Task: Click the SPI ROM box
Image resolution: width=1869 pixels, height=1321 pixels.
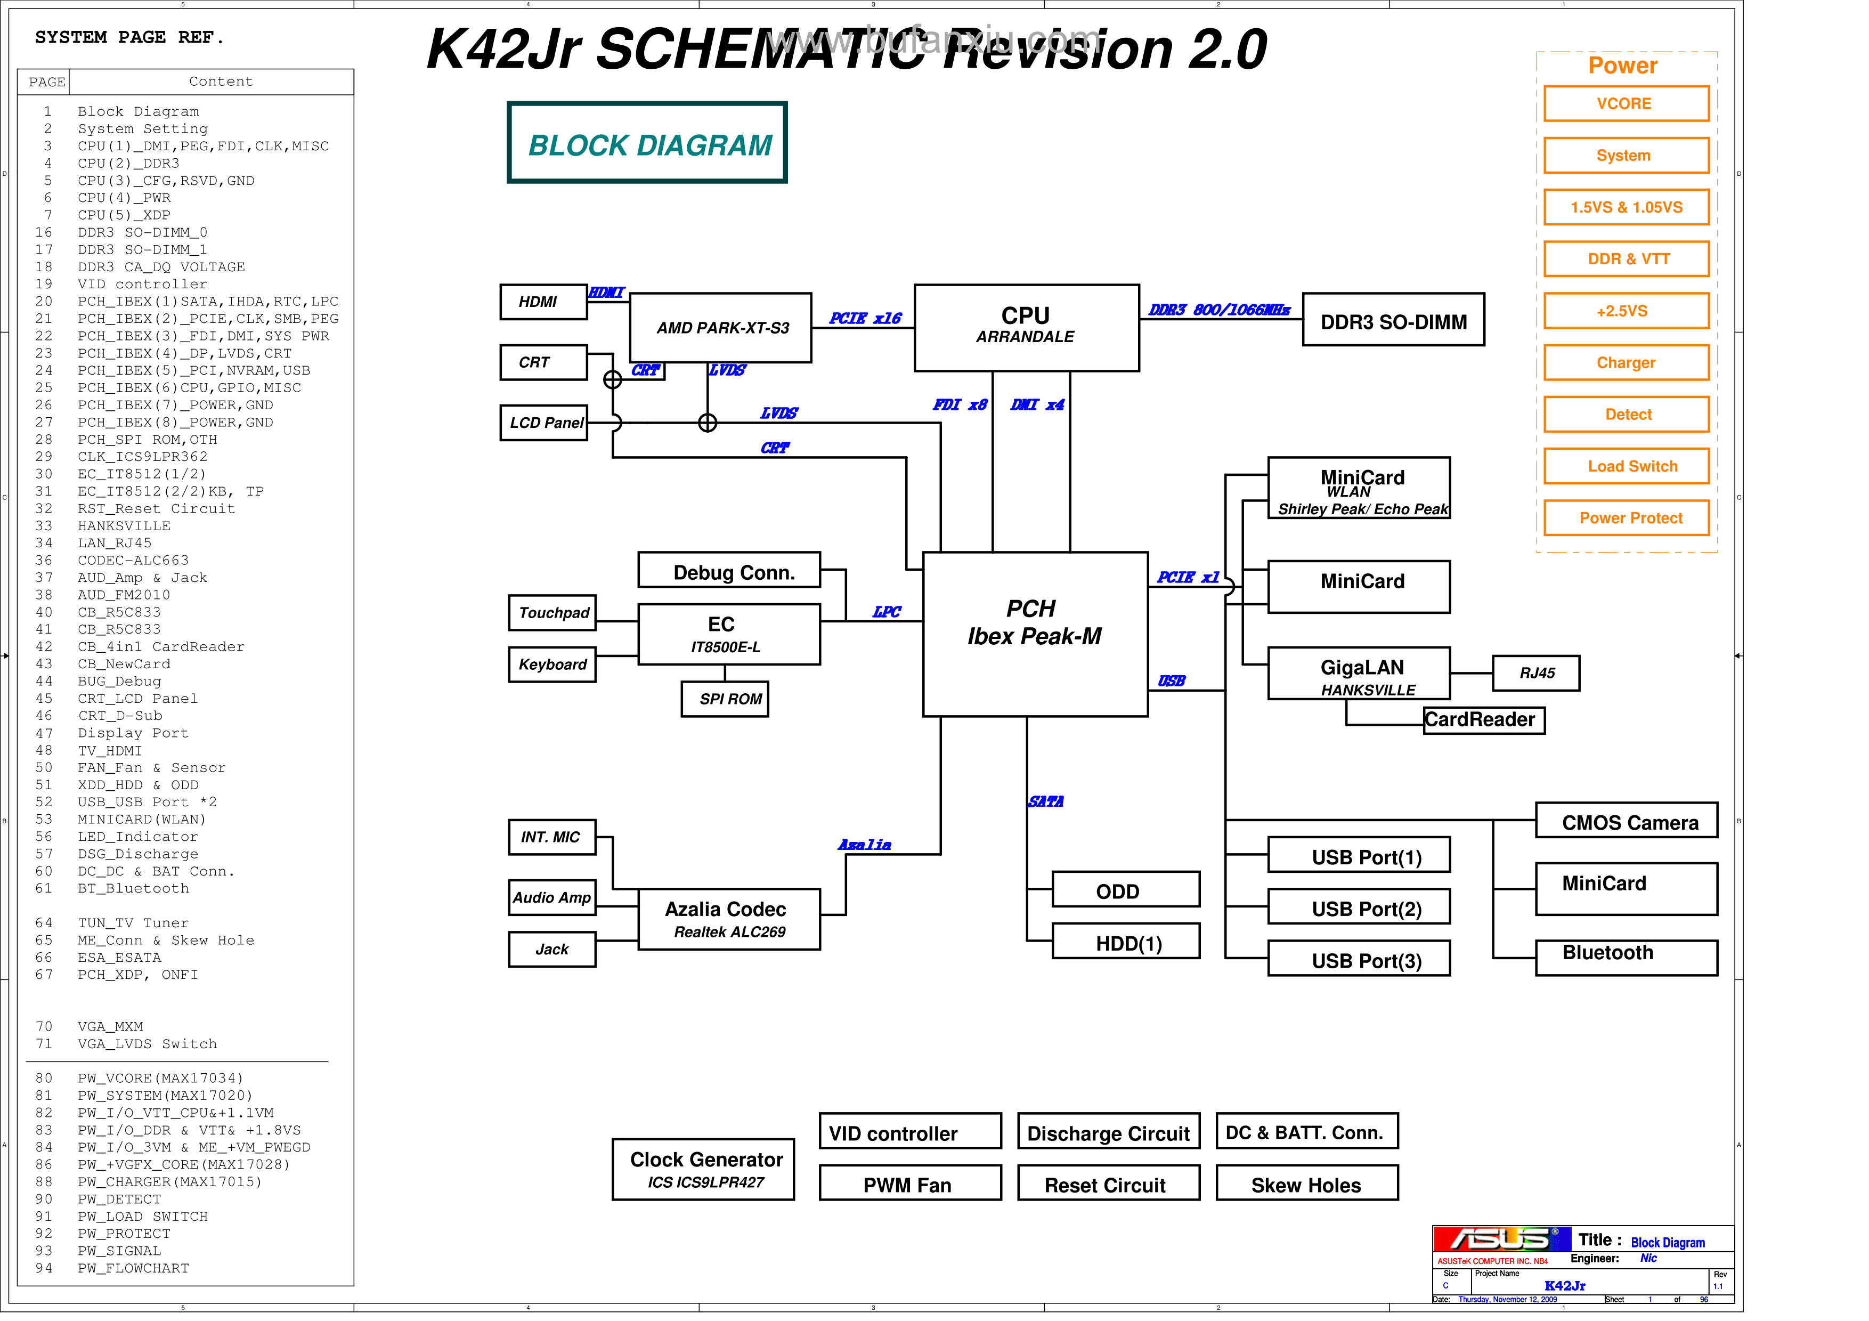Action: click(x=725, y=699)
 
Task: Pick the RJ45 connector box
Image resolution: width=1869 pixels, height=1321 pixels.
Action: click(x=1535, y=672)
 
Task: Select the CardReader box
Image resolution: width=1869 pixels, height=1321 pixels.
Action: click(x=1483, y=719)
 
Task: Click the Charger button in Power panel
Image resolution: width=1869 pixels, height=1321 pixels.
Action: click(x=1626, y=362)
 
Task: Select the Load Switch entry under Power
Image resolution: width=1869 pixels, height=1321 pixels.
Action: click(x=1626, y=466)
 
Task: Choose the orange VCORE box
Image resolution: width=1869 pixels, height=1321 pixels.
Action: click(x=1626, y=103)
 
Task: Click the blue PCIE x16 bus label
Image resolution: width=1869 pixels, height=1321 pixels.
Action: click(x=865, y=318)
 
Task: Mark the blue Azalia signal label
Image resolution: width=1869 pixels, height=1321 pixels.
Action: click(x=865, y=845)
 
